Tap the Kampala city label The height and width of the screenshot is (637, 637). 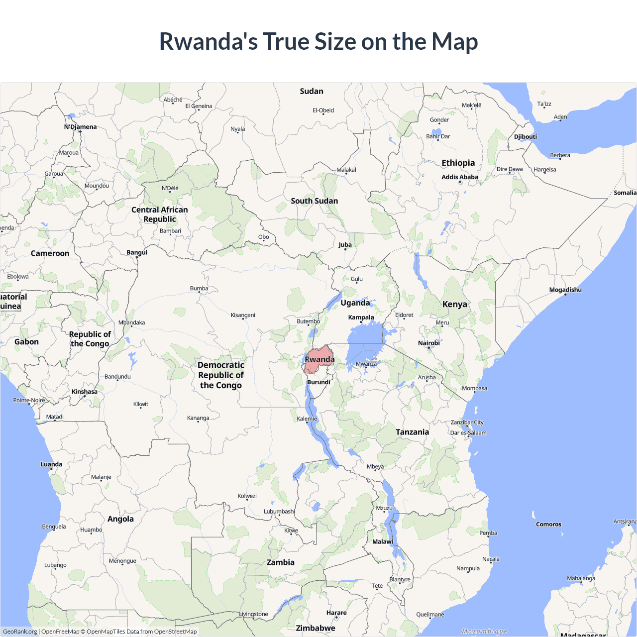point(361,318)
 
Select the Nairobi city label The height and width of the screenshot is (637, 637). point(428,343)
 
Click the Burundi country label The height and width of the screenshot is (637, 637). point(318,382)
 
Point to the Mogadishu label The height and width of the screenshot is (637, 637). point(565,290)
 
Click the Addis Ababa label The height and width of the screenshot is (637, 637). point(460,177)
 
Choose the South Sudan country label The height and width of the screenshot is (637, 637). point(314,201)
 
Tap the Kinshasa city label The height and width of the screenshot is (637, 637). point(85,392)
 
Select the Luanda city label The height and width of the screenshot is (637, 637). point(51,464)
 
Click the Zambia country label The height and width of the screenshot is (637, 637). point(280,562)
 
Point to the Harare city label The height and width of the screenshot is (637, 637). point(336,613)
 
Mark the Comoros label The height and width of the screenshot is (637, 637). point(548,525)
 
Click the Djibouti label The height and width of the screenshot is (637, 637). point(526,137)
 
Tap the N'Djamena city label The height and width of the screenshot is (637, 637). point(80,127)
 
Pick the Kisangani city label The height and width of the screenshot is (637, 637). point(243,315)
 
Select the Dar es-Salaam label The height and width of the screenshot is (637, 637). point(468,433)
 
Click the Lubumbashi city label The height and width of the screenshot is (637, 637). point(279,512)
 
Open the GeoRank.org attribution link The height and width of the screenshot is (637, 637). point(20,632)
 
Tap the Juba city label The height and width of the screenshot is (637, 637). point(345,245)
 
